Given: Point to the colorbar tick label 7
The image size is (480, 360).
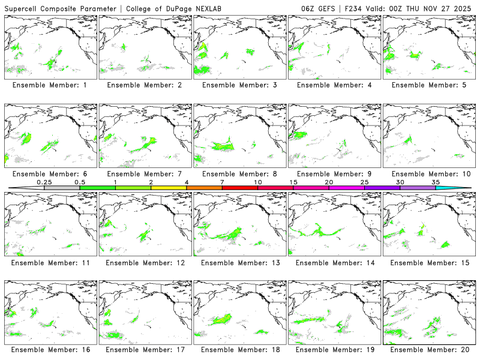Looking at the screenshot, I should pos(222,182).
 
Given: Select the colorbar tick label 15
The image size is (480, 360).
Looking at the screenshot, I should pos(293,182).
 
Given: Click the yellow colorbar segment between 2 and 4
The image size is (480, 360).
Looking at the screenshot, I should pos(169,188).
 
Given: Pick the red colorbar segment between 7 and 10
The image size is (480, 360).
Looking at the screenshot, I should pos(240,188).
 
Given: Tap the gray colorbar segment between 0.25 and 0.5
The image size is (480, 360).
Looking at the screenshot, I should pos(62,188).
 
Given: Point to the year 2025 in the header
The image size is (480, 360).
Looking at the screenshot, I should pos(463,8).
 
